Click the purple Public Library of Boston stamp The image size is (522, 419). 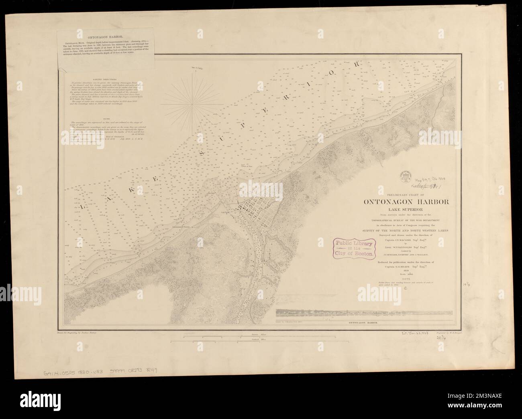click(x=353, y=247)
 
